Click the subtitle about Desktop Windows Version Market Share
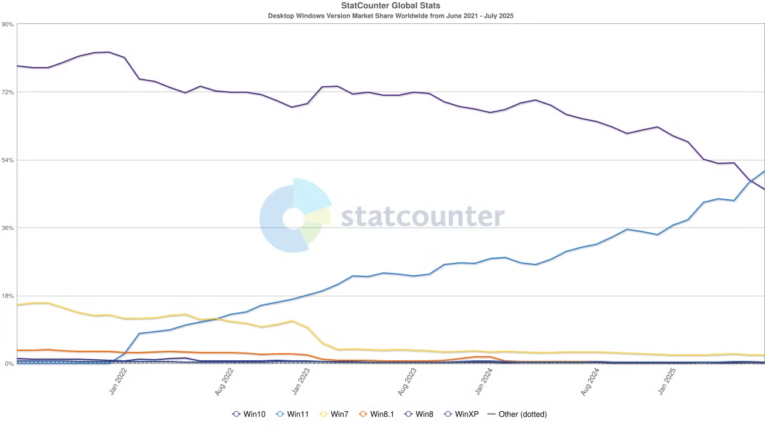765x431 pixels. pos(390,16)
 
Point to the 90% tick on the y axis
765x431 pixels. pos(8,25)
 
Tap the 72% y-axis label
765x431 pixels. pos(8,92)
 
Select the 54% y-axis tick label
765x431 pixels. pos(8,160)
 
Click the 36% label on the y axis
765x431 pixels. pos(8,228)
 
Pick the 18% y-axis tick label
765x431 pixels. pos(8,296)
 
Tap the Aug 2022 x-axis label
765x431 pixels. pos(224,381)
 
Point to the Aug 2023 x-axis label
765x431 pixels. pos(407,381)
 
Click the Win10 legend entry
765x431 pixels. pos(249,414)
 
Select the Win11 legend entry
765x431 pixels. pos(292,414)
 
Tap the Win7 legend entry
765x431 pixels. pos(334,414)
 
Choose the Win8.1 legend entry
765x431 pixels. pos(377,414)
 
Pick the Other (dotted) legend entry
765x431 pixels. pos(518,414)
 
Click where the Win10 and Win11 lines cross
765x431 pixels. pos(750,180)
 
